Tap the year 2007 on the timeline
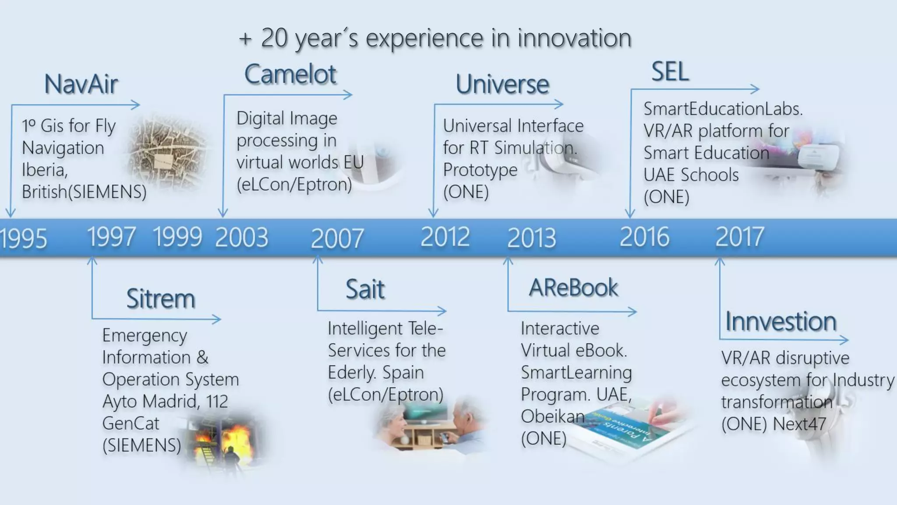(x=337, y=238)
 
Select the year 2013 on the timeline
(x=531, y=238)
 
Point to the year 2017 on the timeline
(x=739, y=237)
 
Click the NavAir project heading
(x=81, y=84)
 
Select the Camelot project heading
(x=290, y=75)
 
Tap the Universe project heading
(x=502, y=84)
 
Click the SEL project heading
(x=670, y=71)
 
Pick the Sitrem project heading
(x=160, y=299)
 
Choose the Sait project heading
(x=365, y=289)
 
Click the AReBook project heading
(x=573, y=288)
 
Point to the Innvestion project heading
(x=780, y=321)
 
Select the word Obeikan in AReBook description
(x=552, y=416)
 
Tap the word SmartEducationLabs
(x=723, y=109)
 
